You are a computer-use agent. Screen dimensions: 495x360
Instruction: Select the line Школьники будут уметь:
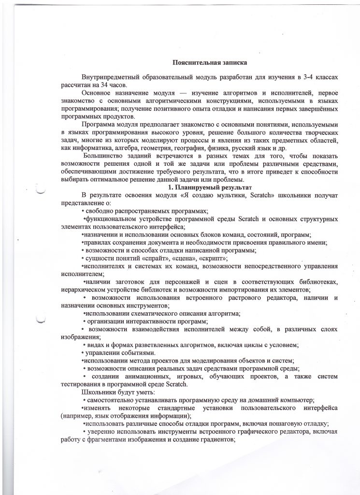point(112,392)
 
